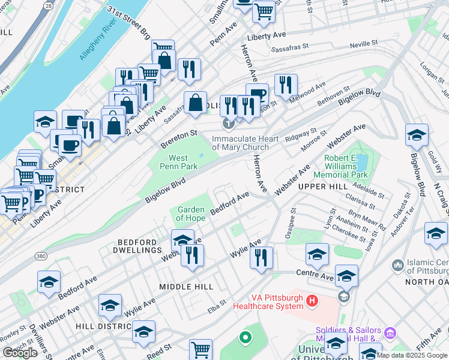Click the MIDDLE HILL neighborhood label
pos(187,287)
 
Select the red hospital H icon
pos(312,300)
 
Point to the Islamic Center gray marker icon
pos(397,265)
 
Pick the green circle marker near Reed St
pos(244,338)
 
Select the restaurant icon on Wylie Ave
pos(261,258)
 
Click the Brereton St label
pos(178,139)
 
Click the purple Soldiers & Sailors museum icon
pos(390,332)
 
